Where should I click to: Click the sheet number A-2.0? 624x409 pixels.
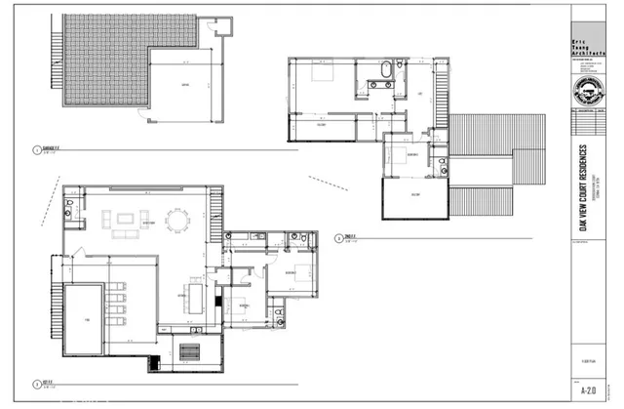pos(588,389)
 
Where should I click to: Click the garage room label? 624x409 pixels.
pos(184,86)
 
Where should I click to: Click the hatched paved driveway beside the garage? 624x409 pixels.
pos(97,59)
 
